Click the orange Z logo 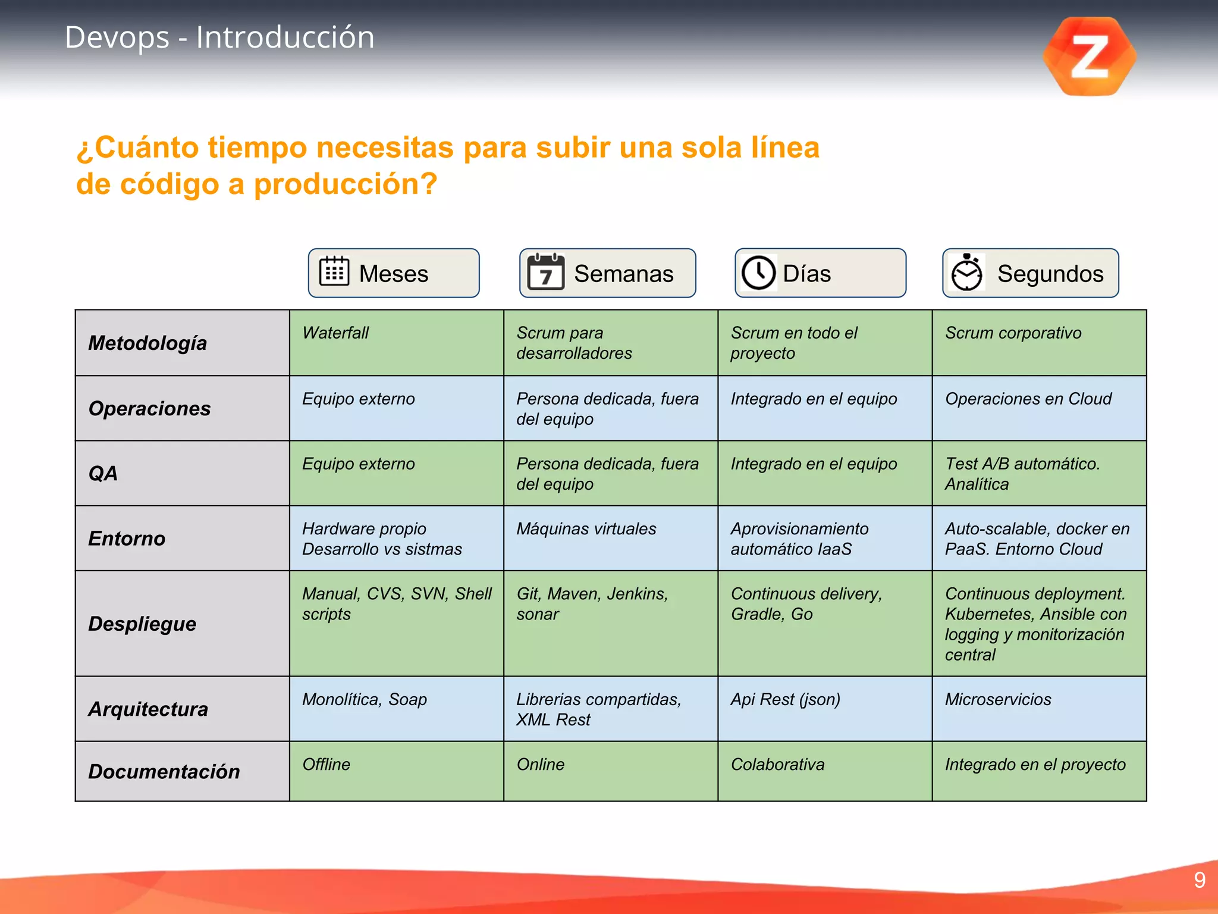click(x=1090, y=57)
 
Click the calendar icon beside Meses click(x=334, y=273)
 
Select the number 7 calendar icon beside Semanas click(x=545, y=273)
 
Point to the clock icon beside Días click(x=758, y=273)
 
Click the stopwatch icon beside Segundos click(x=967, y=273)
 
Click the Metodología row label click(x=147, y=343)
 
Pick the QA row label click(x=103, y=473)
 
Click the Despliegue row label click(x=142, y=624)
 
